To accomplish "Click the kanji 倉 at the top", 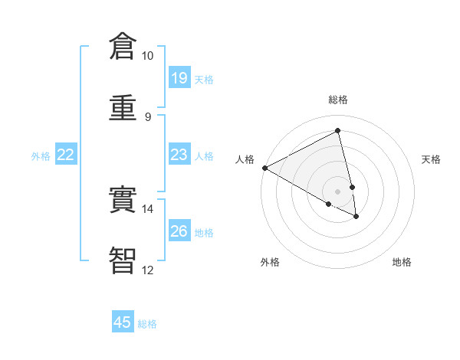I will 123,47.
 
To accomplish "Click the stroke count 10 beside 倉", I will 147,56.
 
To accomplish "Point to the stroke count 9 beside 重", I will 147,116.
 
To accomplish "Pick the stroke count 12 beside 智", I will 147,269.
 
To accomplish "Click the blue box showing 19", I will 179,78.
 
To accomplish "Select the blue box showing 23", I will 179,155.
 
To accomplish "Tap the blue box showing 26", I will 179,231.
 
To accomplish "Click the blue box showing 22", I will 66,155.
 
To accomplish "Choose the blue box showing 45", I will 123,322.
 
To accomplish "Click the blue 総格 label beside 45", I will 147,324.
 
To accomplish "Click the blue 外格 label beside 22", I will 41,156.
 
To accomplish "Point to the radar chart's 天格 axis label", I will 431,159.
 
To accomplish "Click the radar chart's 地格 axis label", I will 402,262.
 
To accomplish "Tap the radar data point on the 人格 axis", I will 264,168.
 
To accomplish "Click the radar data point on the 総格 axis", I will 338,130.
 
